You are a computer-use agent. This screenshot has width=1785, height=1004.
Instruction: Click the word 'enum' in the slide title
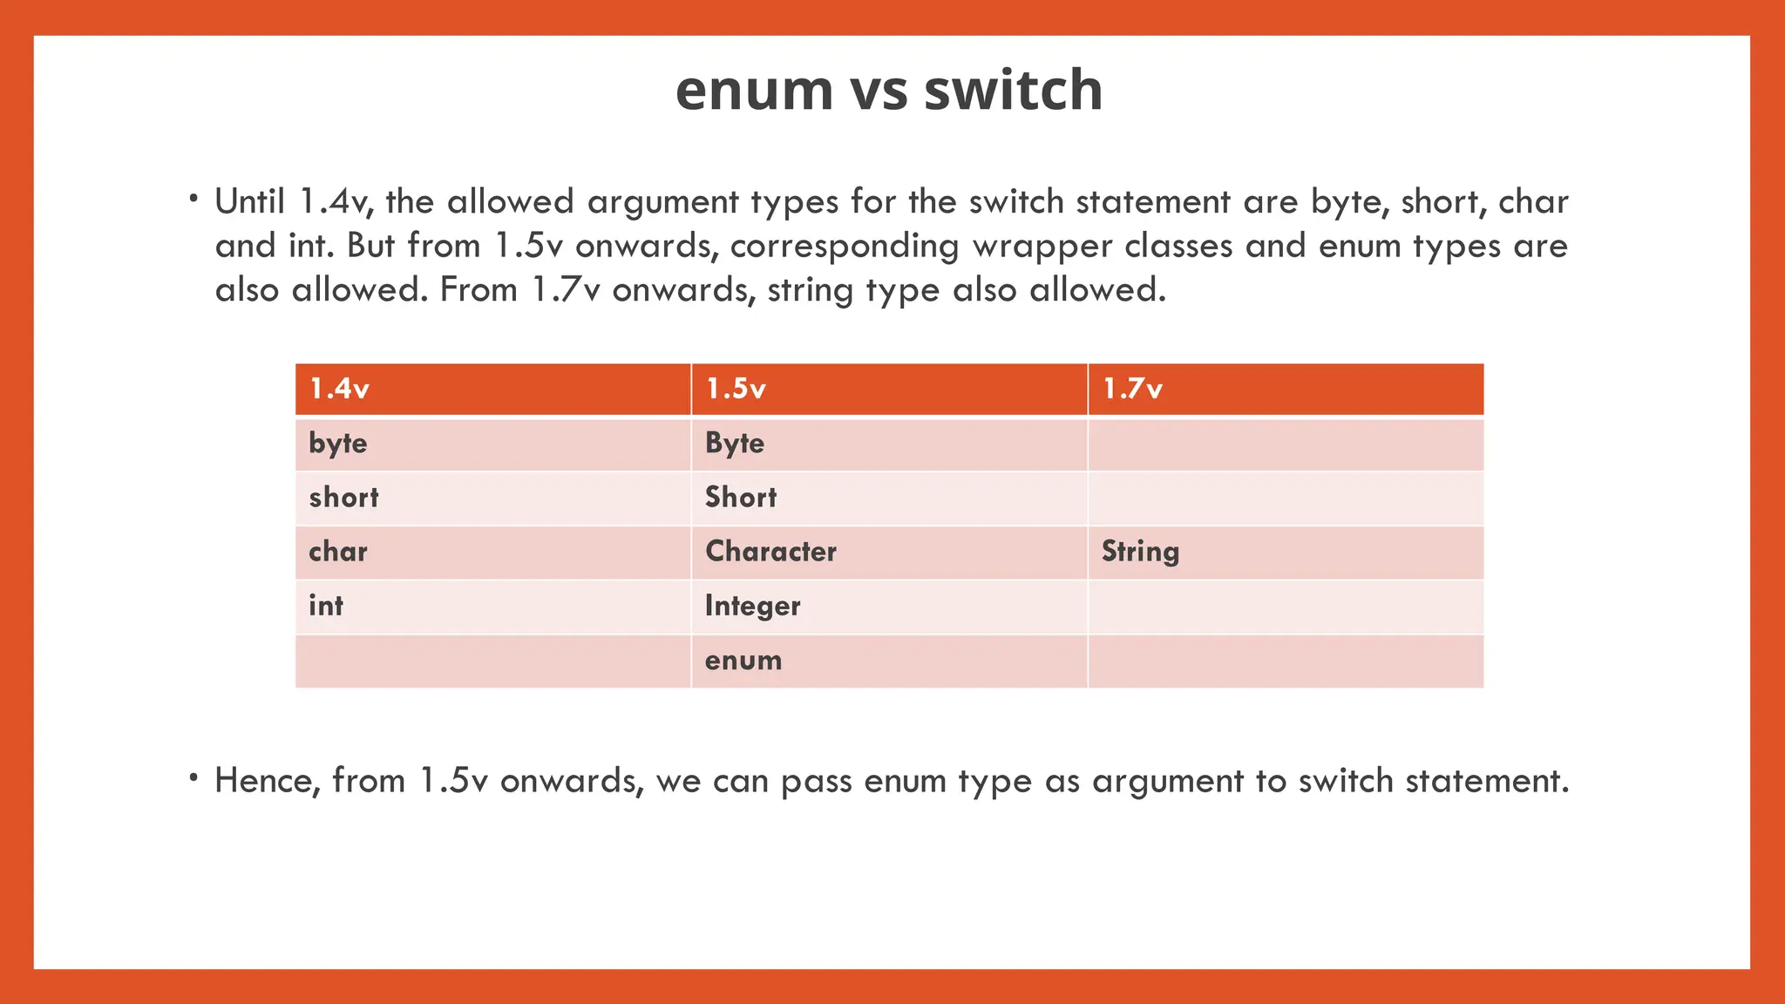[x=754, y=91]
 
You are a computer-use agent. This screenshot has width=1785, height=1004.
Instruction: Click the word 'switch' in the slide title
[x=1013, y=91]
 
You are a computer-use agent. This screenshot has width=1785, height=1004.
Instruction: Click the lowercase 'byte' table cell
[x=338, y=444]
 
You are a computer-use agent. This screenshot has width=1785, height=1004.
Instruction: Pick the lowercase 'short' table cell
[x=344, y=498]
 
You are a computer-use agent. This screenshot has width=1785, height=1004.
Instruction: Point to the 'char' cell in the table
[x=338, y=552]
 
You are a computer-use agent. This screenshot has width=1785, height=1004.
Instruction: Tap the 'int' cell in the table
[x=326, y=606]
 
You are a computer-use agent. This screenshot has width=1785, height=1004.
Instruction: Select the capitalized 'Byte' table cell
[x=735, y=444]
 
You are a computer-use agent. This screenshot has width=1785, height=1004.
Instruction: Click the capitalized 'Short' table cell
[x=741, y=498]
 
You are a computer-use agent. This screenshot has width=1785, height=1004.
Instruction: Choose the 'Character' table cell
[x=770, y=552]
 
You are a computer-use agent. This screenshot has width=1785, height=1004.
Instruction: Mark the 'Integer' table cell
[x=752, y=606]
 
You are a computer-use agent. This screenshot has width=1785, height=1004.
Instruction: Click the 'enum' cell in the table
[x=743, y=661]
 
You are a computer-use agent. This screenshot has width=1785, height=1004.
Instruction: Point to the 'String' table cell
[x=1140, y=552]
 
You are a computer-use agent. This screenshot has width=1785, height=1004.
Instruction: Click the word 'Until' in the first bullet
[x=250, y=202]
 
